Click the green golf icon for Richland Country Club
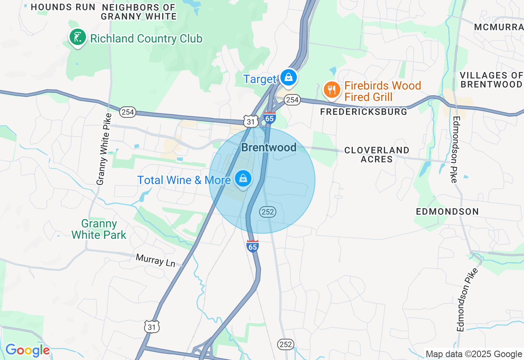pos(77,38)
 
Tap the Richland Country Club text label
pos(146,39)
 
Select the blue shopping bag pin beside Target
pos(289,77)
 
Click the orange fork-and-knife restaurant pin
pos(332,90)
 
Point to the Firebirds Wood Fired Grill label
pos(382,91)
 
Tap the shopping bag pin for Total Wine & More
pos(243,179)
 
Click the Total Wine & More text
pos(184,180)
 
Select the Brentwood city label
pos(269,147)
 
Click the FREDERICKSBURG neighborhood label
pos(364,112)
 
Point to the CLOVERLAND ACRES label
pos(377,155)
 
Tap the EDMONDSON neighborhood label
pos(447,211)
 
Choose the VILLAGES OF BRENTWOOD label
pos(491,80)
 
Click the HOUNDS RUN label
pos(63,7)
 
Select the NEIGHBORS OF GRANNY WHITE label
pos(138,12)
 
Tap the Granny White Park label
pos(99,229)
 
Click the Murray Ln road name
pos(155,261)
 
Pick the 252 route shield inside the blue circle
pos(267,211)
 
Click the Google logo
pos(27,350)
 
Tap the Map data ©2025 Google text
pos(474,354)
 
